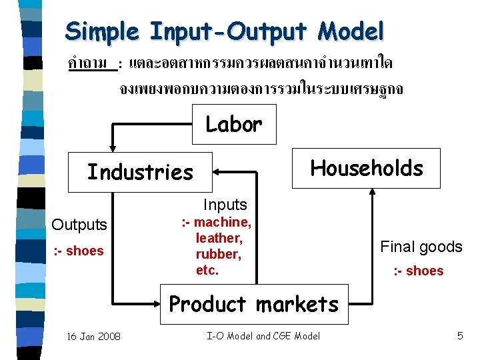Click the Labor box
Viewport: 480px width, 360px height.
pyautogui.click(x=233, y=125)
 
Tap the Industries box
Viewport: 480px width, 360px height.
pyautogui.click(x=140, y=172)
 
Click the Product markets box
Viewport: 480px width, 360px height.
pyautogui.click(x=253, y=304)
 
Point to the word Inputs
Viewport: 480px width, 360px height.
pyautogui.click(x=225, y=205)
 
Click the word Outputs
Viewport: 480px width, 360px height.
pyautogui.click(x=79, y=225)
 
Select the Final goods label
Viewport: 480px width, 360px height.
pyautogui.click(x=421, y=247)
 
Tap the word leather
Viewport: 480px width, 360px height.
pyautogui.click(x=219, y=238)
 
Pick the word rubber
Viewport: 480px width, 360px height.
pyautogui.click(x=217, y=254)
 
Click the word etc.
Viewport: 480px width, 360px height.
pyautogui.click(x=207, y=270)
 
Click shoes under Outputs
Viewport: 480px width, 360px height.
pyautogui.click(x=85, y=251)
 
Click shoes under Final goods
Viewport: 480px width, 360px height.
pyautogui.click(x=425, y=271)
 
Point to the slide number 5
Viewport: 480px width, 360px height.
pyautogui.click(x=460, y=336)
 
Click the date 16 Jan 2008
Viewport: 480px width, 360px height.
pyautogui.click(x=93, y=337)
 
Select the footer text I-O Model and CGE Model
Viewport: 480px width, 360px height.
pyautogui.click(x=263, y=336)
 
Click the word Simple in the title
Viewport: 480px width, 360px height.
pyautogui.click(x=103, y=31)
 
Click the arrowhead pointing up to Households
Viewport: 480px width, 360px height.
pyautogui.click(x=372, y=191)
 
